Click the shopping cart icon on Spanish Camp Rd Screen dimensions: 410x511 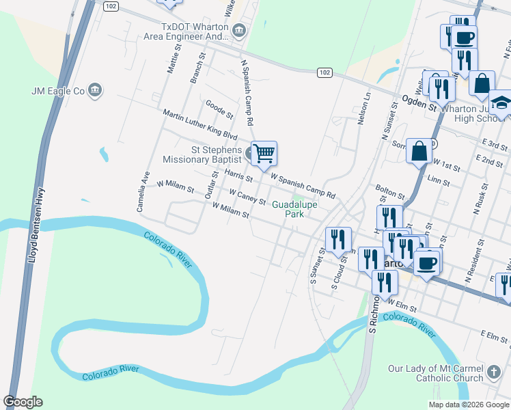click(x=264, y=154)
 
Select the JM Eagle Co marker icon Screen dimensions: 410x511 click(x=95, y=90)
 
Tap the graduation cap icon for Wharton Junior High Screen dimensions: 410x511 click(x=501, y=103)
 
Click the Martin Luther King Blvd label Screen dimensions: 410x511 click(x=199, y=125)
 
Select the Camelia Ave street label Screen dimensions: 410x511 click(x=145, y=191)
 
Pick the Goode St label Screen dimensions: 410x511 click(x=219, y=108)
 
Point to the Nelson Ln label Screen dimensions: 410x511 click(x=365, y=108)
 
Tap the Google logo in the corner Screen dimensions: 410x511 click(x=23, y=402)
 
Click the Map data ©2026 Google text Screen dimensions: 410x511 click(x=468, y=405)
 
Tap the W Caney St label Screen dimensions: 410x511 click(x=247, y=197)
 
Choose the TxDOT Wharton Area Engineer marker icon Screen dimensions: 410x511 click(x=239, y=29)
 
